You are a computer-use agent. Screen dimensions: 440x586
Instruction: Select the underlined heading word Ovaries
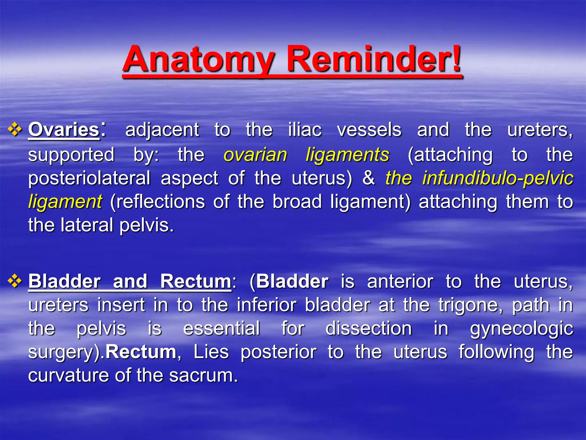(x=64, y=130)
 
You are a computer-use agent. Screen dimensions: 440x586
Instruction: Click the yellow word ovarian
(x=255, y=155)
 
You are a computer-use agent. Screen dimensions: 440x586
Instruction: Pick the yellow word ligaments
(x=347, y=155)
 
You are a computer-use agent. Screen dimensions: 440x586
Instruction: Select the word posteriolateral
(x=89, y=178)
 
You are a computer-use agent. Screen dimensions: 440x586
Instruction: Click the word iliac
(x=305, y=130)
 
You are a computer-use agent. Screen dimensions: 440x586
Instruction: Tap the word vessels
(x=369, y=130)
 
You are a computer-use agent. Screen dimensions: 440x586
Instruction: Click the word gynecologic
(x=521, y=329)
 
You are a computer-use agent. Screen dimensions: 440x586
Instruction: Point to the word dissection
(x=369, y=328)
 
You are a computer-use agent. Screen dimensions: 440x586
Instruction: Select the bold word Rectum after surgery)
(x=141, y=352)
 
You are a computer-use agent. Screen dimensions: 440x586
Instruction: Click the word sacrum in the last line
(x=203, y=375)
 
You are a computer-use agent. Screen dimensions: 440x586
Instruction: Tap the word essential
(x=221, y=328)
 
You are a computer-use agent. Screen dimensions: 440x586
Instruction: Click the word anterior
(x=400, y=281)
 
